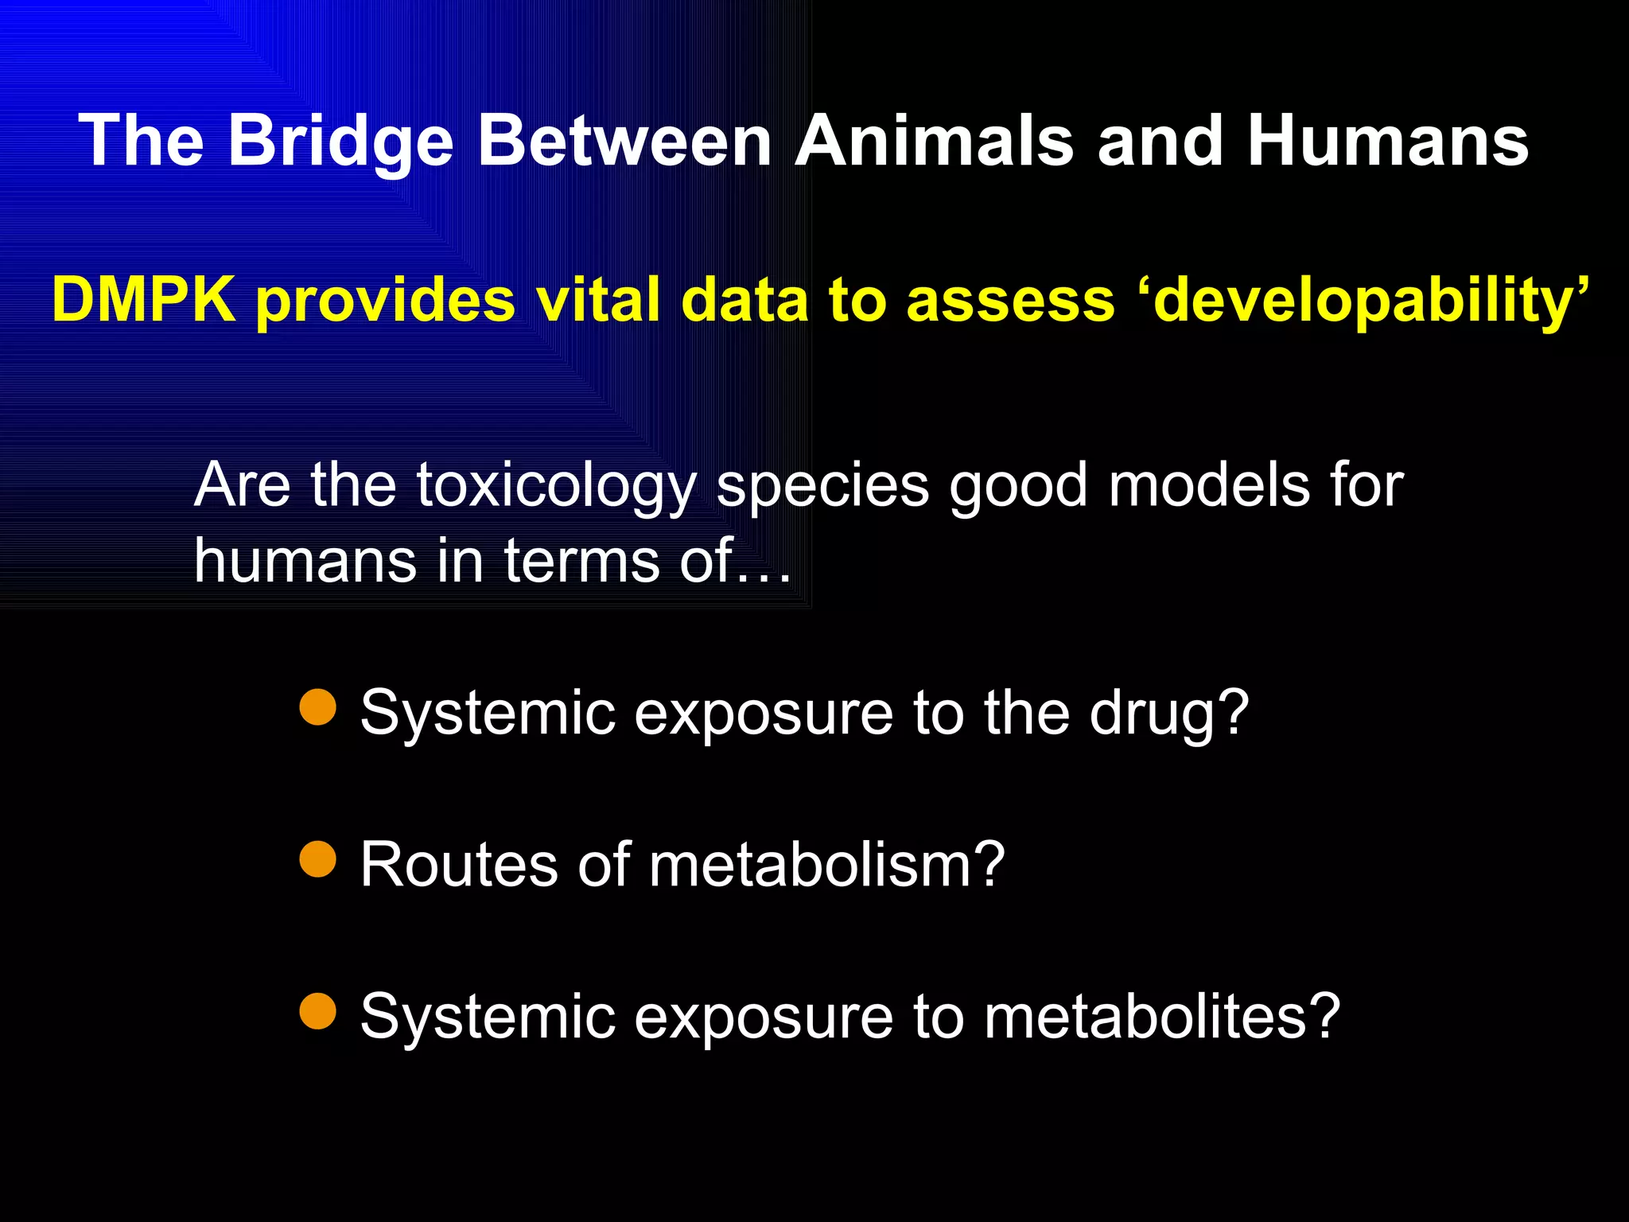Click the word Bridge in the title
point(340,142)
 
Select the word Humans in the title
point(1387,142)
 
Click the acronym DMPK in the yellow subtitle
point(143,301)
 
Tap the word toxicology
point(557,485)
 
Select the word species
point(822,485)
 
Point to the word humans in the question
point(305,560)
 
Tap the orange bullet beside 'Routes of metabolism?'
point(318,859)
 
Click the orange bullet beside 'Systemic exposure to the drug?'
point(318,707)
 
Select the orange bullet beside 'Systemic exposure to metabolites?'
point(318,1011)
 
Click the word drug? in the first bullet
point(1169,713)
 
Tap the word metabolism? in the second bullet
point(827,864)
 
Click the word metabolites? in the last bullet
point(1162,1016)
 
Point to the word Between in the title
point(624,142)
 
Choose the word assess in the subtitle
point(1010,301)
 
